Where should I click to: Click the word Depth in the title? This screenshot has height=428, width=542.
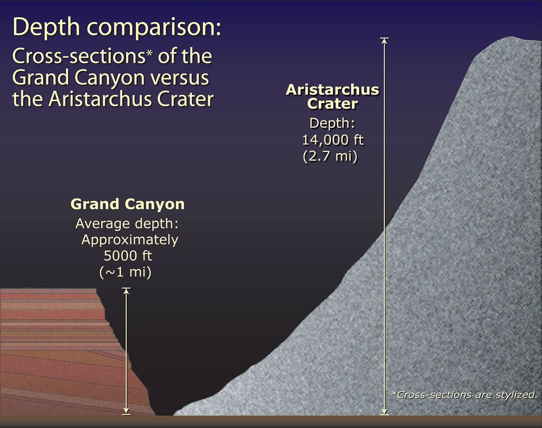46,27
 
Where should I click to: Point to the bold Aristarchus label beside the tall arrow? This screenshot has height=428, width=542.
332,90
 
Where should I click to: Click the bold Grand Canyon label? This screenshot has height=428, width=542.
128,204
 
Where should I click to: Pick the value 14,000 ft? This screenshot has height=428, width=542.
333,140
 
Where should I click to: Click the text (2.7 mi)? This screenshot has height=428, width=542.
330,157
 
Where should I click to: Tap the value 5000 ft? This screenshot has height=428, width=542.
128,256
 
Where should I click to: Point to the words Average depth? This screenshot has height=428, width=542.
127,223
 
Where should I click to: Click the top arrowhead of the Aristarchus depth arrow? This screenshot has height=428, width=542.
384,41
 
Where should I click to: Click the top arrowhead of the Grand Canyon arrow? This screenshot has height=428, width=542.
126,291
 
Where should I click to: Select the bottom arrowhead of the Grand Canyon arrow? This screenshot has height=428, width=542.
126,411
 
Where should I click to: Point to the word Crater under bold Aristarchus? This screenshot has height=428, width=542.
332,104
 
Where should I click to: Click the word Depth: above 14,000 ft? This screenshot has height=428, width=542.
332,123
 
